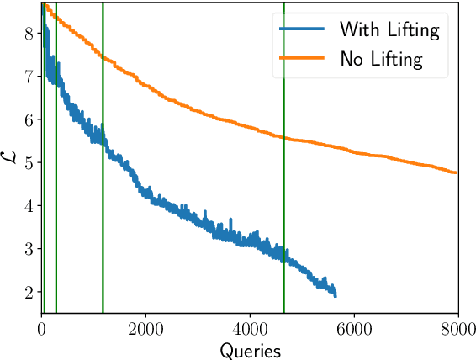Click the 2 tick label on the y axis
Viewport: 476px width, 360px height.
tap(29, 292)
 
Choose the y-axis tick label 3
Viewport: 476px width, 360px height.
tap(29, 249)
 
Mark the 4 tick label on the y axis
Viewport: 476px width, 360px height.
tap(29, 205)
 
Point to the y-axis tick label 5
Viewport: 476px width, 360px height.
tap(29, 162)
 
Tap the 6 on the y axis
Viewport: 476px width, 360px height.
tap(29, 119)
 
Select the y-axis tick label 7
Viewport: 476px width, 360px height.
tap(29, 77)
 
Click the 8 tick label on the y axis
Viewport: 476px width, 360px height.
tap(29, 34)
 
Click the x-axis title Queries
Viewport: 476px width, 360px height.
tap(250, 347)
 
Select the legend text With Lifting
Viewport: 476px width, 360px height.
tap(389, 31)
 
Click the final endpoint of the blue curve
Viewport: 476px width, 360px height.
tap(336, 295)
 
